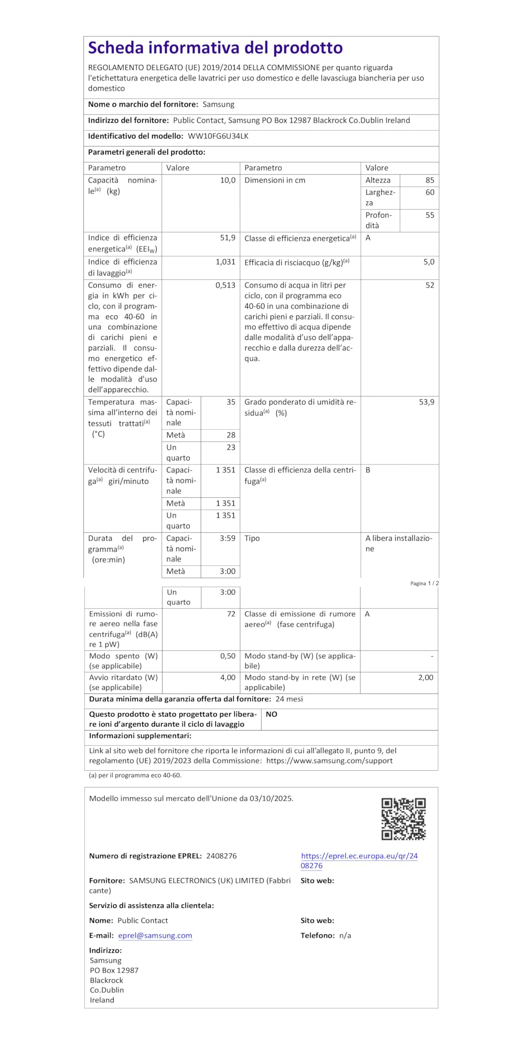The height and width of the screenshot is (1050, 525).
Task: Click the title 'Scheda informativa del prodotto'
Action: coord(215,48)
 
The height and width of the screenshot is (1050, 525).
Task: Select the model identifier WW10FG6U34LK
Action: coord(218,136)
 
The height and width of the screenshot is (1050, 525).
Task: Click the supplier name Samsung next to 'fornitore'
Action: coord(219,105)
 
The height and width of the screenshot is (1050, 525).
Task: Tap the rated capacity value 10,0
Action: coord(228,180)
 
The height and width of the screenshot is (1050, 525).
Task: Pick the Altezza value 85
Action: coord(429,180)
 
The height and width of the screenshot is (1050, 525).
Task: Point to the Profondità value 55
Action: coord(429,215)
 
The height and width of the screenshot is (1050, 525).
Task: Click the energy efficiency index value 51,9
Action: coord(228,238)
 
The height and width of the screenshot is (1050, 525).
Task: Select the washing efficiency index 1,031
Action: coord(226,262)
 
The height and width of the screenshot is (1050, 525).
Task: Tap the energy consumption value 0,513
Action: coord(226,285)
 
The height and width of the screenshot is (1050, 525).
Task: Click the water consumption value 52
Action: coord(429,285)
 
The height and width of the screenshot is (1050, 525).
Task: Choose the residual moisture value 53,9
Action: coord(426,402)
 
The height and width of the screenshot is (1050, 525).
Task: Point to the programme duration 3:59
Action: coord(228,538)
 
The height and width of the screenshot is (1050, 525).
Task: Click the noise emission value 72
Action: coord(231,614)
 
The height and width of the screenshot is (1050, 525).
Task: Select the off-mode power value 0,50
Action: coord(228,656)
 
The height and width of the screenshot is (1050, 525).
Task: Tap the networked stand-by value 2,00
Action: coord(426,677)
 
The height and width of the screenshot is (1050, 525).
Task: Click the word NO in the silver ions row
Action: coord(272,714)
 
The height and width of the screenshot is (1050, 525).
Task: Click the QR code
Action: coord(404,819)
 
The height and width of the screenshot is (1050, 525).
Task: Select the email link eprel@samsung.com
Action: coord(155,936)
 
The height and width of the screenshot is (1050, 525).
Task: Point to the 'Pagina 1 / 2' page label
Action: coord(425,583)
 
